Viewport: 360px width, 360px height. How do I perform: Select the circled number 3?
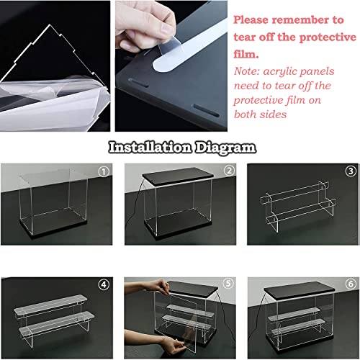tap(349, 172)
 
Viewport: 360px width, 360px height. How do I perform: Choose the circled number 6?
tap(349, 283)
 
